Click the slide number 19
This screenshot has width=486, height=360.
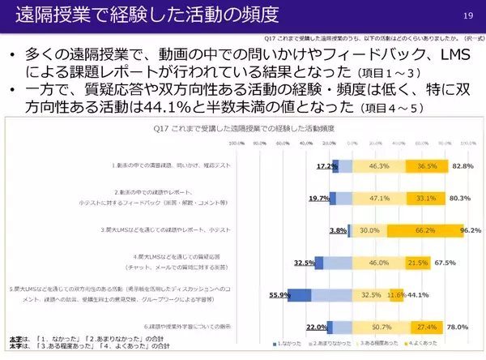point(467,16)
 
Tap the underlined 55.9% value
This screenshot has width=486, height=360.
point(278,295)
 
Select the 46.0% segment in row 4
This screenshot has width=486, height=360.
point(379,263)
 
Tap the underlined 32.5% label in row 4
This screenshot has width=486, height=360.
point(304,263)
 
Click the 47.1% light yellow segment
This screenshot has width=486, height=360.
point(378,197)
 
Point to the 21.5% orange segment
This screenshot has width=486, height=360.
point(418,263)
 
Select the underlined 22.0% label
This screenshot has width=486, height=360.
point(316,328)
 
